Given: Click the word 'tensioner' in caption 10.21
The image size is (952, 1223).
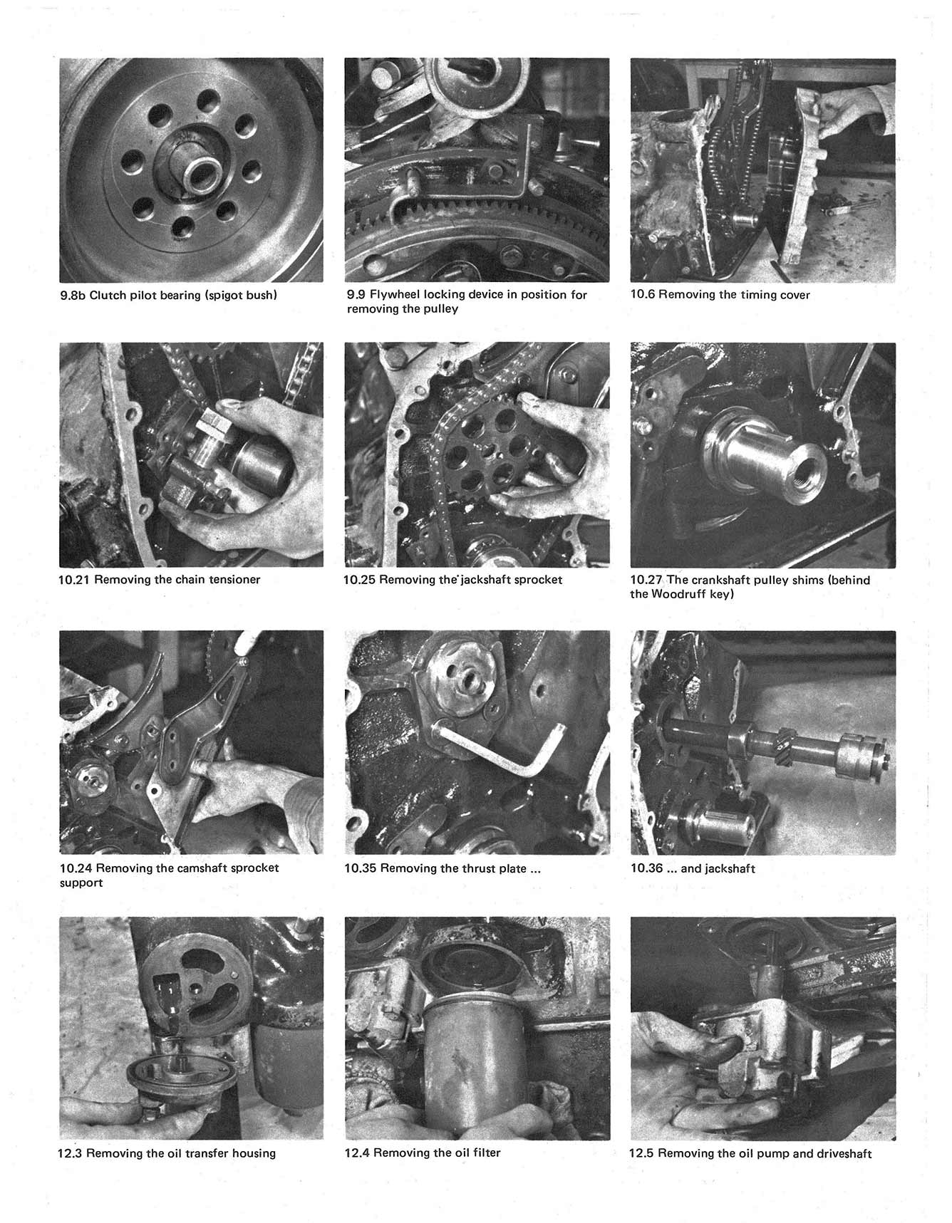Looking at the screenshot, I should (x=234, y=580).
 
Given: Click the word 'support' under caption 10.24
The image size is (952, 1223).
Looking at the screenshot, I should (x=81, y=883).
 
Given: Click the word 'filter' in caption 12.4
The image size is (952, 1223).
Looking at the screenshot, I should (x=486, y=1152).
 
